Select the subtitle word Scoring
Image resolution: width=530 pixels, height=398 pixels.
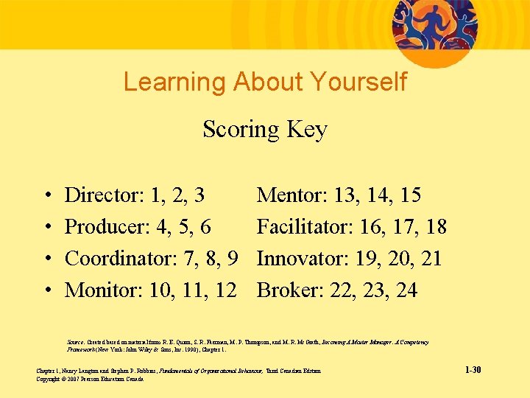click(239, 130)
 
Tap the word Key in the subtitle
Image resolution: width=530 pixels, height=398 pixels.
click(308, 130)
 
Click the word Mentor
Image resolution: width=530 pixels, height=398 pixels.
click(291, 195)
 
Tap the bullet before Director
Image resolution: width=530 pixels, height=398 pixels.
click(46, 196)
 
